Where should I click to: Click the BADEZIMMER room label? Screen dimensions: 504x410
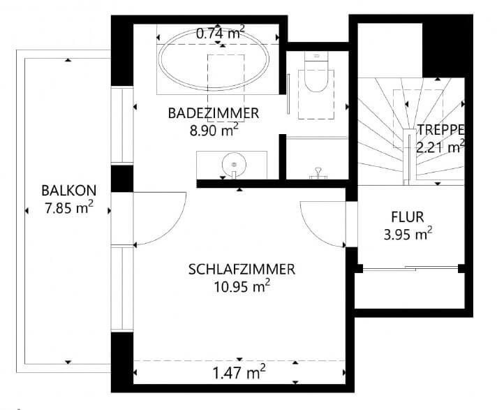(x=214, y=114)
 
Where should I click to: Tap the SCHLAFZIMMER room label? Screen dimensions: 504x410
(x=242, y=270)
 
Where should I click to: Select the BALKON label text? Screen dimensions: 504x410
(x=69, y=191)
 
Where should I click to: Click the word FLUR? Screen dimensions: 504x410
(x=407, y=217)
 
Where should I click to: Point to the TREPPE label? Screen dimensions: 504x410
(x=440, y=130)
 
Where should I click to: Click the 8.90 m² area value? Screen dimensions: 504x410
(x=214, y=130)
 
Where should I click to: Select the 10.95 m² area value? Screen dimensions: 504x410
(x=242, y=286)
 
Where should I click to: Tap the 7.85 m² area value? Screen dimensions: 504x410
(x=69, y=207)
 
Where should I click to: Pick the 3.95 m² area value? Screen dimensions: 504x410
(x=408, y=234)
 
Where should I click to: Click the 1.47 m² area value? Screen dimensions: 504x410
(x=239, y=373)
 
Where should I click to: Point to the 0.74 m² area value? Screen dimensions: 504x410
(x=220, y=33)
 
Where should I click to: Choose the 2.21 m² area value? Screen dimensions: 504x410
(x=440, y=147)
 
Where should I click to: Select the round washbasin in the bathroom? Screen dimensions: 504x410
(x=234, y=165)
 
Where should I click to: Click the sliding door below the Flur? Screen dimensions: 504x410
(x=410, y=268)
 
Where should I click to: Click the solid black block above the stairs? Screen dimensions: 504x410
(x=443, y=50)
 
